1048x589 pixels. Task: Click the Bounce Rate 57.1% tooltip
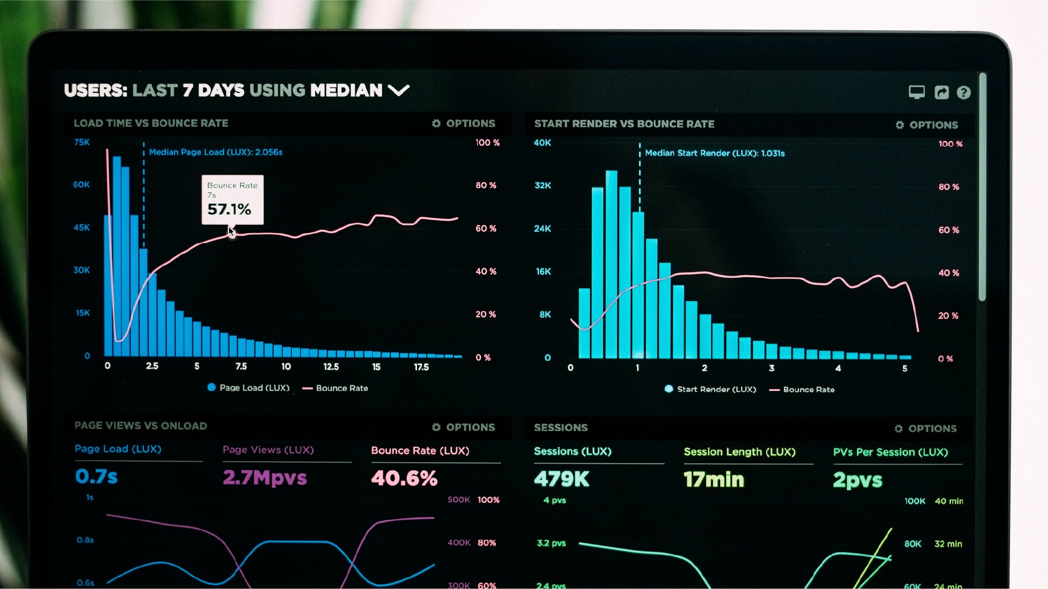(232, 200)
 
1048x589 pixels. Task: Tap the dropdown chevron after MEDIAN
(398, 91)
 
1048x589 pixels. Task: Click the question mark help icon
(963, 93)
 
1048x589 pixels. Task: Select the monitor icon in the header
(916, 92)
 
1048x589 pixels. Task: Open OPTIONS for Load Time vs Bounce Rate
(464, 124)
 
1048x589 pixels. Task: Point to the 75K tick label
(82, 142)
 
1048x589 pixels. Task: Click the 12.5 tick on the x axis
(331, 367)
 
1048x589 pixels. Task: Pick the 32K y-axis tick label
(543, 185)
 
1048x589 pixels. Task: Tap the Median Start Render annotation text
(715, 153)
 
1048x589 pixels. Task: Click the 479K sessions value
(562, 479)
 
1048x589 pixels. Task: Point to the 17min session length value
(714, 480)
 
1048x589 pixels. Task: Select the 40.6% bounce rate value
(404, 478)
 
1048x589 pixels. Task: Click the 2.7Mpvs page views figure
(265, 478)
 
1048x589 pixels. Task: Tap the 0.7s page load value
(96, 477)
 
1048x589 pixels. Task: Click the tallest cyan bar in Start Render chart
(611, 263)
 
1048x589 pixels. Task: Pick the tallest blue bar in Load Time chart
(117, 256)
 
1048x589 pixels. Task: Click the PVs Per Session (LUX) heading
(890, 452)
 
